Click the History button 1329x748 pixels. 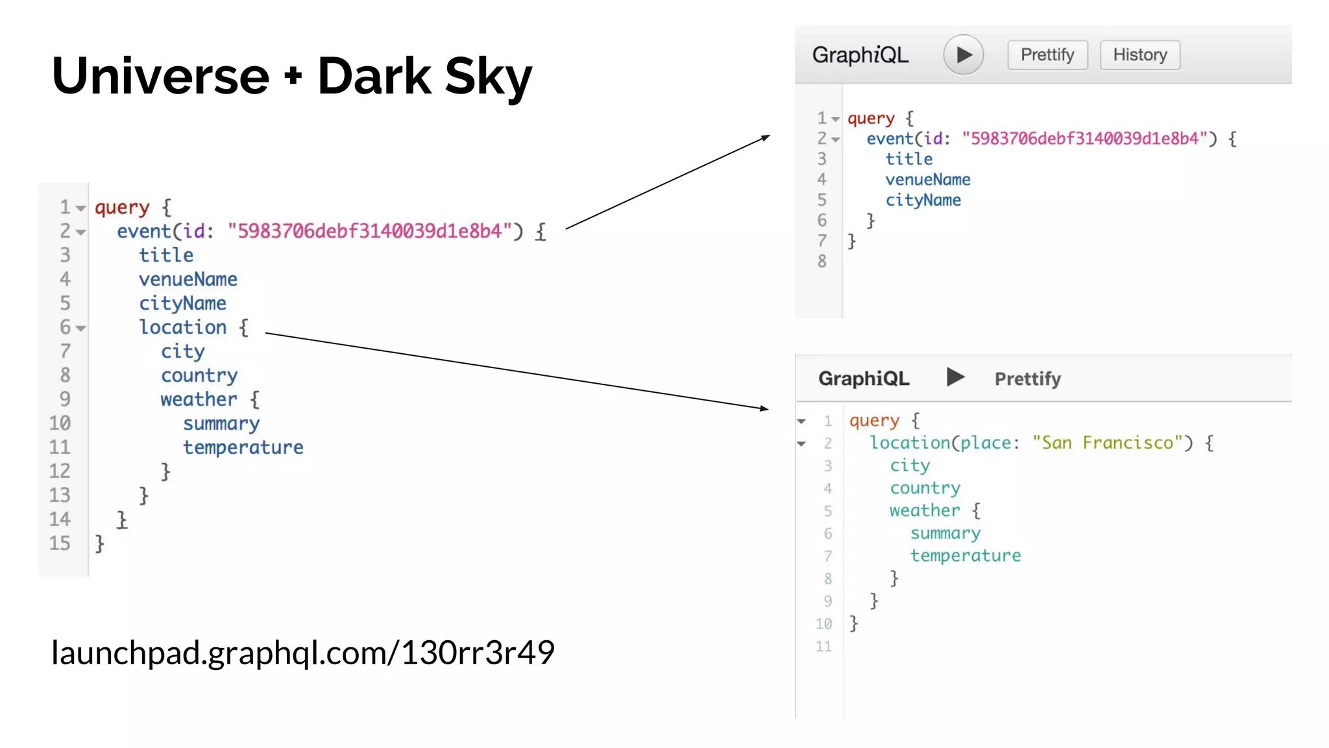1140,55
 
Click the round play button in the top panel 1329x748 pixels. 963,55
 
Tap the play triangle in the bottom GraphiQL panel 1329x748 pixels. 955,377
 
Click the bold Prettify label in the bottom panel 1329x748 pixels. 1027,379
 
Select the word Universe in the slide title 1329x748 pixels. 160,77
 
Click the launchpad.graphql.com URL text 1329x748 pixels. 303,653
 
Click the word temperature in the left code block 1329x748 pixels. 243,447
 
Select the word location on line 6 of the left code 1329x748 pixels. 183,327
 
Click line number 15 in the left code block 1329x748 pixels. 60,543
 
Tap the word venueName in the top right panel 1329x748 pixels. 927,180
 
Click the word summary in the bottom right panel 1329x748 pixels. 945,533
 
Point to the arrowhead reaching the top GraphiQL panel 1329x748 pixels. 766,137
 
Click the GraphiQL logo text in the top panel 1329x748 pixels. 860,55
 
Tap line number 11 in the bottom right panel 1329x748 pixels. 823,647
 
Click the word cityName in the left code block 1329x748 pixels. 182,303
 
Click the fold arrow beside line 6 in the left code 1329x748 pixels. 80,329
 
